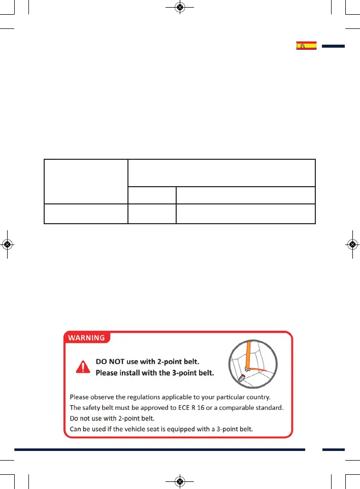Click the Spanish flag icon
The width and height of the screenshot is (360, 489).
coord(306,46)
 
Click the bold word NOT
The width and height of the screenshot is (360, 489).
coord(124,363)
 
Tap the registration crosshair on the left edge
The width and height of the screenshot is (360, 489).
coord(7,244)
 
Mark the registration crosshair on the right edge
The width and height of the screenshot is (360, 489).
coord(352,244)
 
